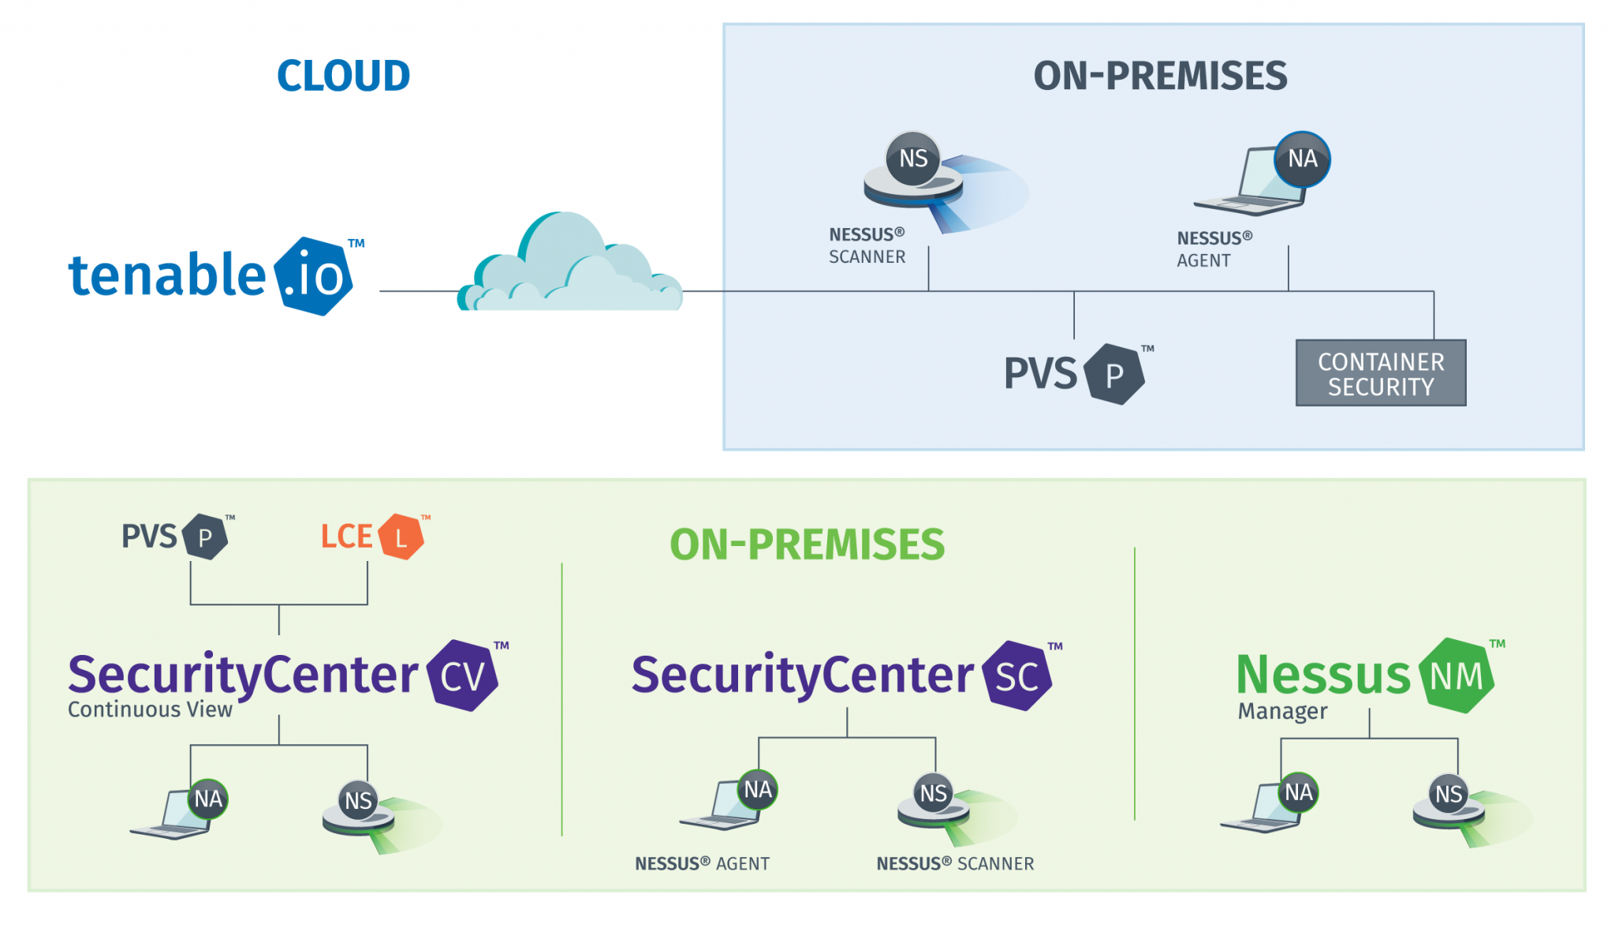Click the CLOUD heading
click(x=343, y=76)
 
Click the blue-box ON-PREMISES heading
click(x=1160, y=76)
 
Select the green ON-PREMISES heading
click(x=807, y=544)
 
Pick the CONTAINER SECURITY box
click(x=1381, y=373)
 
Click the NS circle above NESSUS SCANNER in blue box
click(x=913, y=159)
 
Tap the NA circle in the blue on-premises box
click(x=1303, y=159)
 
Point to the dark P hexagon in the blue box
click(x=1113, y=375)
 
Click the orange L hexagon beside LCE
click(x=401, y=537)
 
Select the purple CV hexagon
click(x=463, y=675)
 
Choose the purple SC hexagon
click(x=1017, y=676)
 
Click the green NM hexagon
click(x=1456, y=675)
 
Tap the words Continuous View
click(x=150, y=709)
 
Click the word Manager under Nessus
click(x=1282, y=711)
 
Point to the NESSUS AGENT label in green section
click(x=702, y=863)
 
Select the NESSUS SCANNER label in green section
click(x=955, y=863)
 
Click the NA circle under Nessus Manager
click(x=1298, y=791)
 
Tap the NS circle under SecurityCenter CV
click(x=359, y=800)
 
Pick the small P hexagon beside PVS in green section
click(x=205, y=537)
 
